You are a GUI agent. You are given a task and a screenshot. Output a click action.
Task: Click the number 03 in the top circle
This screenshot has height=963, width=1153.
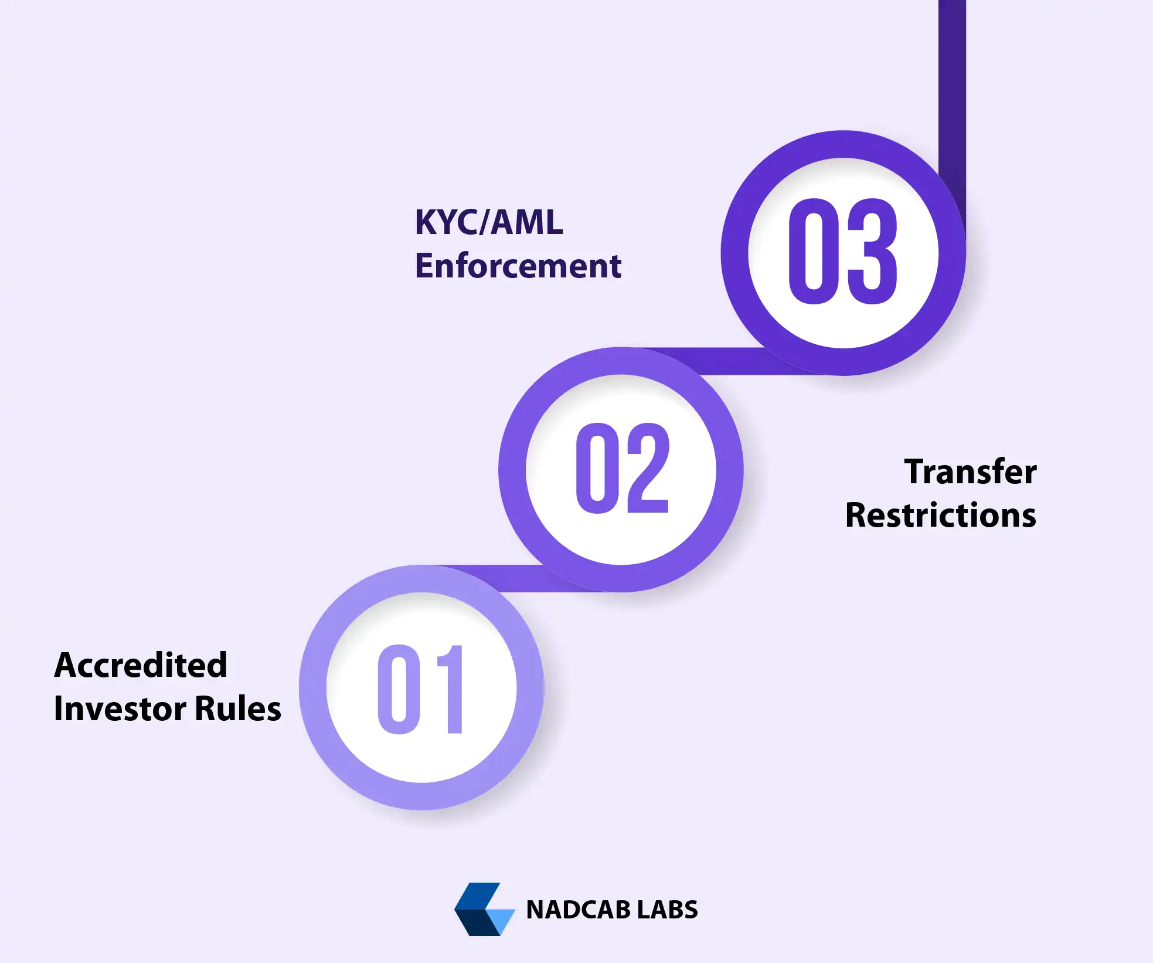842,252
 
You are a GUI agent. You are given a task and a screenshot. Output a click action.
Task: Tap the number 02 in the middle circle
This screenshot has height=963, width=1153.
621,469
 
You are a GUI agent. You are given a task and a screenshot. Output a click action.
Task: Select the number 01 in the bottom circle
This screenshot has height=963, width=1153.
421,689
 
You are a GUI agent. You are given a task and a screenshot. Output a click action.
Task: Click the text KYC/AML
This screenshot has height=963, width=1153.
489,222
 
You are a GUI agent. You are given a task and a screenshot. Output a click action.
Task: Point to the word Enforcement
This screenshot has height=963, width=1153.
518,266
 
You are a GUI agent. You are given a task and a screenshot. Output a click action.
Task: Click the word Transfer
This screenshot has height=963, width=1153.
970,472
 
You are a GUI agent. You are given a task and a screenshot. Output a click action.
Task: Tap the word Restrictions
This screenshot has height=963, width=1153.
940,515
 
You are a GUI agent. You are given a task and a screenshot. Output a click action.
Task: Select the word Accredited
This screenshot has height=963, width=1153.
141,665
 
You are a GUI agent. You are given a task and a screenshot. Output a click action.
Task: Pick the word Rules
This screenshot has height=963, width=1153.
237,708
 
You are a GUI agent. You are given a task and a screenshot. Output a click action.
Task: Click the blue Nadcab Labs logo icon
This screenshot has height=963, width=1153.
484,909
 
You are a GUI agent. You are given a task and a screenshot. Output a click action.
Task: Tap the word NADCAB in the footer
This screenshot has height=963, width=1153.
577,910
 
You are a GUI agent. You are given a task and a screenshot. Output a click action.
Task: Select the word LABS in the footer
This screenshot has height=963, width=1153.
667,910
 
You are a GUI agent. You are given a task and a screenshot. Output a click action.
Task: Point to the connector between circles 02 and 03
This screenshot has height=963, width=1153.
727,361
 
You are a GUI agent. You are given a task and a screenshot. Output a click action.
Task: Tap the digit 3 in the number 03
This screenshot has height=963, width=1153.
872,252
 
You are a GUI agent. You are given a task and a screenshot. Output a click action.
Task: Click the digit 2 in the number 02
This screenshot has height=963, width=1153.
647,469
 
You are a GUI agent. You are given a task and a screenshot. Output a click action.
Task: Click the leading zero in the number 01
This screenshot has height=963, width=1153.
399,689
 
